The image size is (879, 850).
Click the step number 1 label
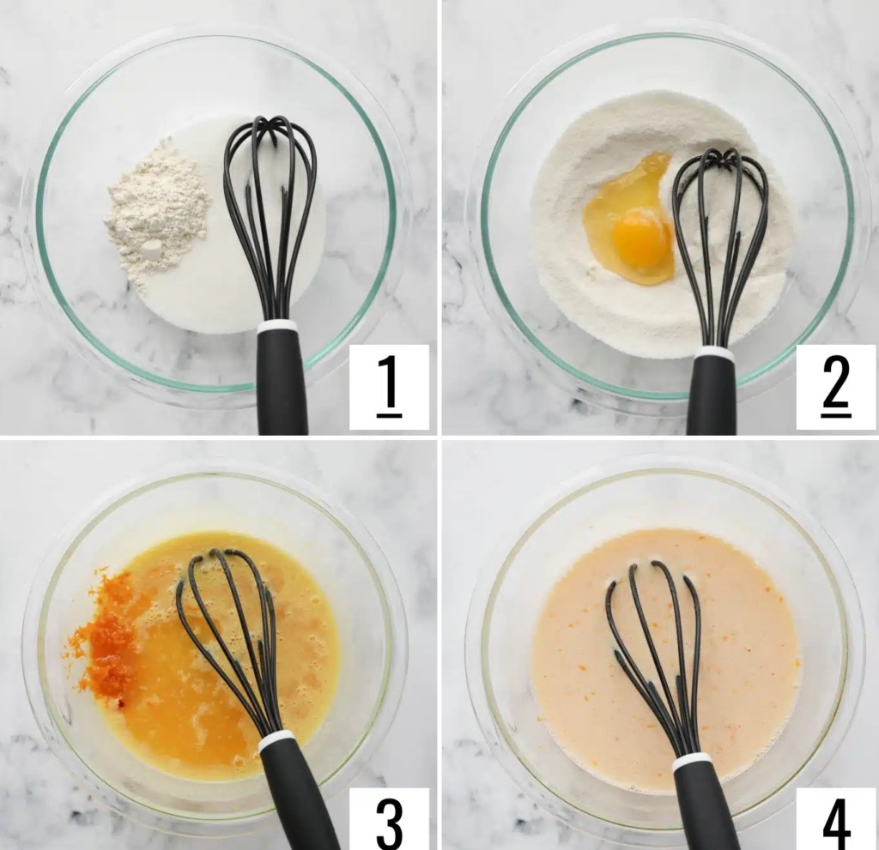pyautogui.click(x=389, y=387)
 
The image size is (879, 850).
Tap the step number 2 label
pyautogui.click(x=836, y=387)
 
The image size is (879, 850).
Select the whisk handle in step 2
pyautogui.click(x=713, y=396)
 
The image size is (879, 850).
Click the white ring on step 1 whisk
pyautogui.click(x=277, y=326)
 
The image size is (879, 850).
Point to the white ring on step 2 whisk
pyautogui.click(x=714, y=353)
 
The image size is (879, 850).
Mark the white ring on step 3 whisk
pyautogui.click(x=277, y=739)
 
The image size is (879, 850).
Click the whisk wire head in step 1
pyautogui.click(x=269, y=219)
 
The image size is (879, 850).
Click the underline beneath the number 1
pyautogui.click(x=389, y=416)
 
